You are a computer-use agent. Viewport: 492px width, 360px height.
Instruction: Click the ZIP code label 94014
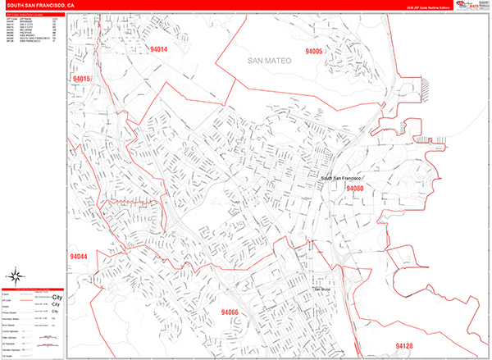[159, 49]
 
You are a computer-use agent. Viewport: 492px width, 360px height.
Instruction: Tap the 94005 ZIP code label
[314, 51]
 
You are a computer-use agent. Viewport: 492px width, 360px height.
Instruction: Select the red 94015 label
[81, 79]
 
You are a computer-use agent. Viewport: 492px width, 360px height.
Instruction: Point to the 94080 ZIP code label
[354, 189]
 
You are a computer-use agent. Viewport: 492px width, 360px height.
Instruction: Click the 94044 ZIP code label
[79, 257]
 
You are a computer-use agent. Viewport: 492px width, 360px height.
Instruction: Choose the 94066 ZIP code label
[230, 312]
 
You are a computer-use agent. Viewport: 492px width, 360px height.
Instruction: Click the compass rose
[14, 276]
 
